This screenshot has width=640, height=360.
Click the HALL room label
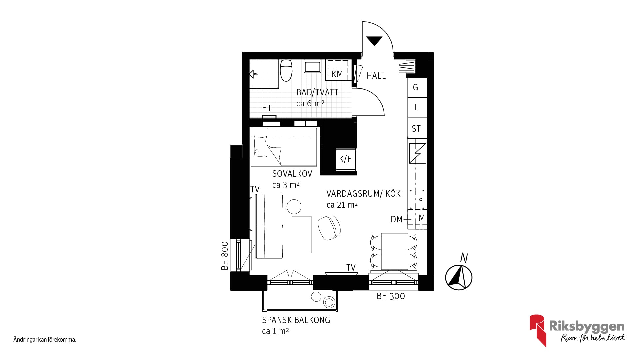tap(376, 76)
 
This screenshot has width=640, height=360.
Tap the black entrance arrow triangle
tap(374, 41)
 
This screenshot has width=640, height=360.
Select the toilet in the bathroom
tap(286, 70)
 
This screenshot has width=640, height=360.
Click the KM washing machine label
tap(337, 74)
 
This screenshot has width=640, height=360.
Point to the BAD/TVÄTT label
tap(317, 92)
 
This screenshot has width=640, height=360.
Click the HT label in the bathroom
tap(267, 108)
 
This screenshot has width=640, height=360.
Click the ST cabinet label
tap(416, 129)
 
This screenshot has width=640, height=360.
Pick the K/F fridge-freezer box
tap(345, 159)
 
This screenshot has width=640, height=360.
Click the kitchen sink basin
tap(417, 199)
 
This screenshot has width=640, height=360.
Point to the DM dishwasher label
tap(396, 219)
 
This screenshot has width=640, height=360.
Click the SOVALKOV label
tap(292, 174)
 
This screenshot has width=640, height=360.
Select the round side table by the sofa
tap(294, 206)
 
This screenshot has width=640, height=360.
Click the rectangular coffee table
tap(302, 235)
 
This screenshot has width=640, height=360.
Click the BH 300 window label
tap(391, 296)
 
